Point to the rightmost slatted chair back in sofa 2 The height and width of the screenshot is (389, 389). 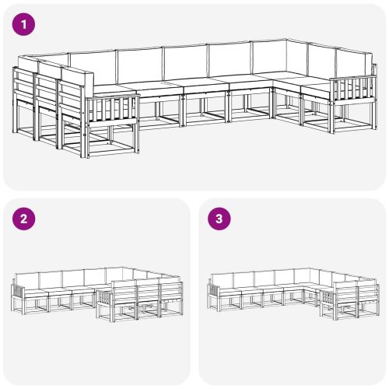tap(170, 293)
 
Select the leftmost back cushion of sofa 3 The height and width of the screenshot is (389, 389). tap(224, 278)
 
